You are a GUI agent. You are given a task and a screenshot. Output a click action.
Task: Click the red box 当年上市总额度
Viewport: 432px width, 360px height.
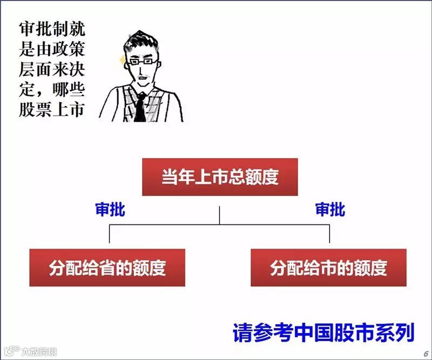[x=220, y=177]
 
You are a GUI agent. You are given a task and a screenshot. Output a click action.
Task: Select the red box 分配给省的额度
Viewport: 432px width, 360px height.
[x=107, y=268]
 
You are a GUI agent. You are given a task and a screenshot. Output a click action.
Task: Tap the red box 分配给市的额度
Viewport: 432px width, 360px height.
[x=328, y=268]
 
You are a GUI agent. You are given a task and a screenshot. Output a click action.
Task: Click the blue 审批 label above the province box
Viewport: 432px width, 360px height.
[x=110, y=210]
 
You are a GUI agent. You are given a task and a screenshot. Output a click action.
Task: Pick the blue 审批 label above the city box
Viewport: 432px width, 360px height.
[x=330, y=210]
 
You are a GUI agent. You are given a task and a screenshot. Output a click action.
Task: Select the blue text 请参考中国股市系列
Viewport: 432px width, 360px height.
[x=323, y=332]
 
